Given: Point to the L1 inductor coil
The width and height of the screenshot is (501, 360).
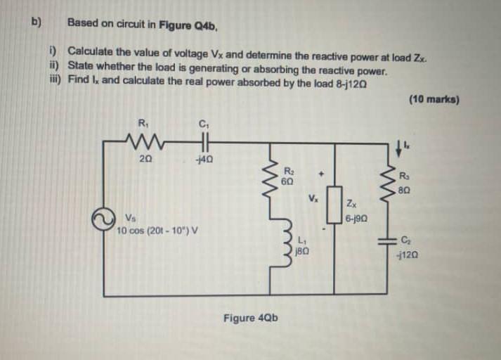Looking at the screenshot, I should [271, 245].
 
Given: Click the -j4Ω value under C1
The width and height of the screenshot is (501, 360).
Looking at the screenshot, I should [204, 160].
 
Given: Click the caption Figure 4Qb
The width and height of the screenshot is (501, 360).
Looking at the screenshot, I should [250, 318].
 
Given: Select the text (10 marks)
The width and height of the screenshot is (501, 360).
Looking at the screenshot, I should [433, 100].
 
